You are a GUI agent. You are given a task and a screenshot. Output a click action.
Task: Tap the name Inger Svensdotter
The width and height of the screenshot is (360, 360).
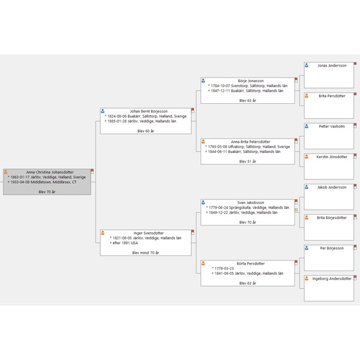coord(148,233)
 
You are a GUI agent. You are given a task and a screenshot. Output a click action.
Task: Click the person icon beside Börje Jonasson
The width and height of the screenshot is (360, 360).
coord(203,80)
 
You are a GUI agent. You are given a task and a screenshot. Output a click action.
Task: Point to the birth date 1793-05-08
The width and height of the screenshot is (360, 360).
coord(217,146)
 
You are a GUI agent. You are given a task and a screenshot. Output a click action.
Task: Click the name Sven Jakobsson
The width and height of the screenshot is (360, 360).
coord(250,203)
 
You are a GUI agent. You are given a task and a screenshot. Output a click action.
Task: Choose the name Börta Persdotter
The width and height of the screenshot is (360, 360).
coord(251,263)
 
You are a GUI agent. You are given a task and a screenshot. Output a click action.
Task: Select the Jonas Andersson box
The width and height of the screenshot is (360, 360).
coord(332,65)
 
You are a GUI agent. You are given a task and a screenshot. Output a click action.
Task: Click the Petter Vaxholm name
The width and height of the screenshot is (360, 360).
coord(332,127)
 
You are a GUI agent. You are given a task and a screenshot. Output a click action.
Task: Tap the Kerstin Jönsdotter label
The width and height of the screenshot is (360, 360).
coord(332,157)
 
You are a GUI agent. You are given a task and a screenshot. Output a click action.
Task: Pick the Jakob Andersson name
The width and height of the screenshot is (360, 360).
coord(332,187)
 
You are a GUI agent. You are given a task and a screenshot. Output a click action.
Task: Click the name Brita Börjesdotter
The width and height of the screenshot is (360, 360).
coord(332,217)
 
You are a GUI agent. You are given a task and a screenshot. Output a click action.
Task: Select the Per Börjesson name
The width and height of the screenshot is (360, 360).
coord(332,248)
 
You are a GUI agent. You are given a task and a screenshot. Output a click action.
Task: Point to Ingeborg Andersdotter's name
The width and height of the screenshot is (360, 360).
coord(332,278)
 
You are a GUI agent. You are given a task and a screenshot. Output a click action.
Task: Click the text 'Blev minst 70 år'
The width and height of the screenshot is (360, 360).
coord(146,253)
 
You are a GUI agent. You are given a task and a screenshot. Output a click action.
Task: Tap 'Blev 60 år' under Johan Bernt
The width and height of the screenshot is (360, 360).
coord(146,131)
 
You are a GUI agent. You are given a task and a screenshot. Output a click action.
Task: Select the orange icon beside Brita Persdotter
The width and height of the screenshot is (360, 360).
coord(307,96)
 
